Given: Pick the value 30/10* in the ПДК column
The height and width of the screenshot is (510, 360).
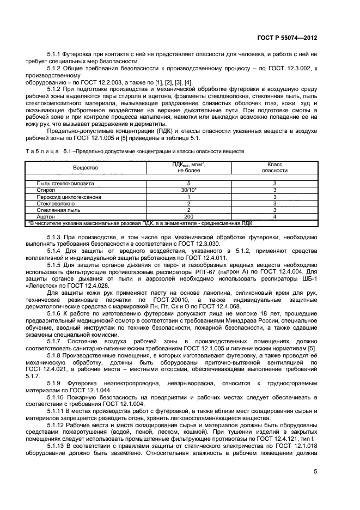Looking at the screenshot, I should tap(188, 190).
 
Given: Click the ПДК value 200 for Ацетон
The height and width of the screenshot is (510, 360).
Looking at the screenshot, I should tap(188, 216).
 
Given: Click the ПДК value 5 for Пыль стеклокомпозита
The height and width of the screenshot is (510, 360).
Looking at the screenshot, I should tap(188, 184).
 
